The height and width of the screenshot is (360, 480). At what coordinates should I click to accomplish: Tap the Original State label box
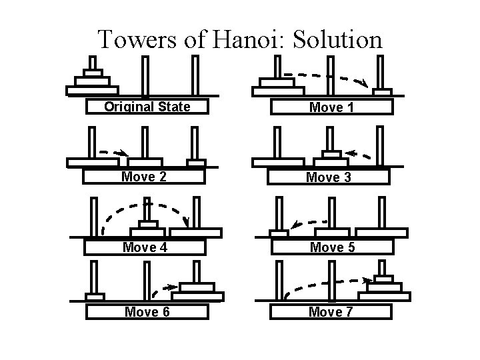point(147,107)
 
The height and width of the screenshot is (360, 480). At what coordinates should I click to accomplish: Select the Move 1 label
point(331,107)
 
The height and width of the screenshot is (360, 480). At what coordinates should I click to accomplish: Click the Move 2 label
point(143,177)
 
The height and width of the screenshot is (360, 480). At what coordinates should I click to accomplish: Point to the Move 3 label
point(328,177)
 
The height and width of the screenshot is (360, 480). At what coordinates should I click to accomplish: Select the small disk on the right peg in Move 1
point(382,91)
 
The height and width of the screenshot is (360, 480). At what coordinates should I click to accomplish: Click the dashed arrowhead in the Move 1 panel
point(364,83)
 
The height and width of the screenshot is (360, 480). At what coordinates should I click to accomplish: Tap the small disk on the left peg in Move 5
point(279,233)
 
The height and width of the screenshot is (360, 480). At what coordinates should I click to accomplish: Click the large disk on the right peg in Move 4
point(195,233)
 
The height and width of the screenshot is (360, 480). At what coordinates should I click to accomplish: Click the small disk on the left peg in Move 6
point(95,296)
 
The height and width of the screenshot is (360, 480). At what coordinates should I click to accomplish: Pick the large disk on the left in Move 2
point(93,162)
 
